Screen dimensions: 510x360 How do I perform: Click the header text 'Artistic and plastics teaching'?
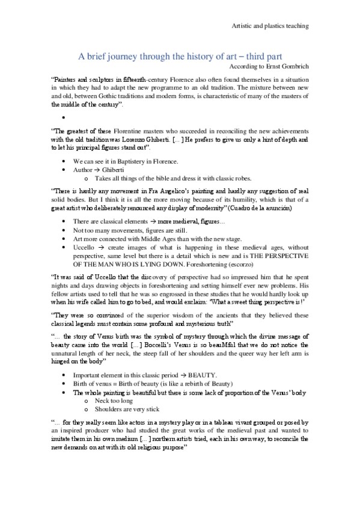(270, 26)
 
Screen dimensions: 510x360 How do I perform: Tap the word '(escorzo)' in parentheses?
(237, 263)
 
